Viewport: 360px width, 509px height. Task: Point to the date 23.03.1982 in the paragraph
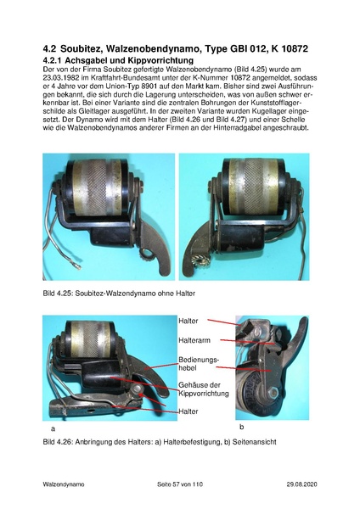tap(59, 78)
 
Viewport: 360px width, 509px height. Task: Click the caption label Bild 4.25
tap(57, 294)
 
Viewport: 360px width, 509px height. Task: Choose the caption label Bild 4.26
tap(57, 442)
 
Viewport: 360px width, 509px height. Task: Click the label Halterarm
tap(194, 340)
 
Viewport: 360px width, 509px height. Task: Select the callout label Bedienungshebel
tap(199, 364)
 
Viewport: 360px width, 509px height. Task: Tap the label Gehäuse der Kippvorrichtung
tap(204, 389)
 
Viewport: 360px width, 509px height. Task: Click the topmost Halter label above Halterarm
tap(188, 321)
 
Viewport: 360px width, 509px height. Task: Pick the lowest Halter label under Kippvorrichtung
tap(188, 411)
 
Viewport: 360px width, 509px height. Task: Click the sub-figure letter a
tap(53, 428)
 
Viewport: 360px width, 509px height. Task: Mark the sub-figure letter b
tap(241, 427)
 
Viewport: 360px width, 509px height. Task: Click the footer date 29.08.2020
tap(302, 484)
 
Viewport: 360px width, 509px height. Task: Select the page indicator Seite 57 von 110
tap(180, 484)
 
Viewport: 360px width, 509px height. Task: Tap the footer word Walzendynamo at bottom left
tap(64, 484)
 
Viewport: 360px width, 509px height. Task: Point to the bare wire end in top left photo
tap(77, 266)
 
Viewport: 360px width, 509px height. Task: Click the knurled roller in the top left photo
tap(98, 187)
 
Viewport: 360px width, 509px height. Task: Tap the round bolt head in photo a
tap(138, 389)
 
